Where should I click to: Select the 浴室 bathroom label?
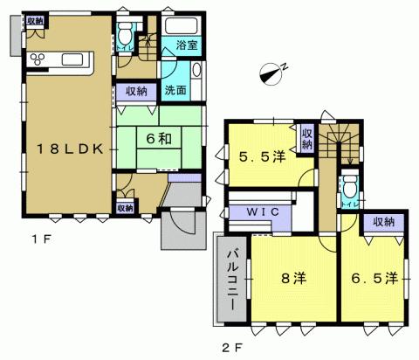(187, 45)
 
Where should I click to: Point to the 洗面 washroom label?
(175, 89)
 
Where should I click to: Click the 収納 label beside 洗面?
(136, 89)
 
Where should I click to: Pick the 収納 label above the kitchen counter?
(35, 20)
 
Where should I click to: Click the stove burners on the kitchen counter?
(40, 59)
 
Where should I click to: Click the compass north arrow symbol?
(273, 73)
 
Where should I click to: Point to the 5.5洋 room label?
(263, 157)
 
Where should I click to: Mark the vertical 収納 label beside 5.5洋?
(306, 138)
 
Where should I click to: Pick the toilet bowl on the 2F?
(349, 185)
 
